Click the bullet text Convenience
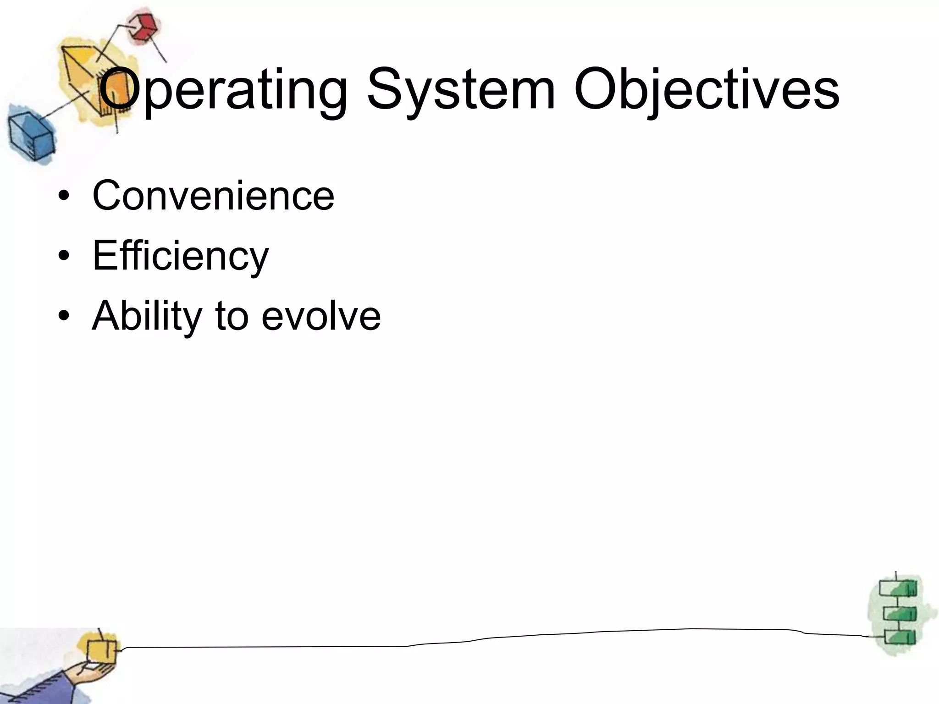(213, 196)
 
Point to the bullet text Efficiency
(180, 255)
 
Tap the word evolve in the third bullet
(321, 316)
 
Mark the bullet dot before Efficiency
(64, 256)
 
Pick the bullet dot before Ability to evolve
(64, 316)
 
